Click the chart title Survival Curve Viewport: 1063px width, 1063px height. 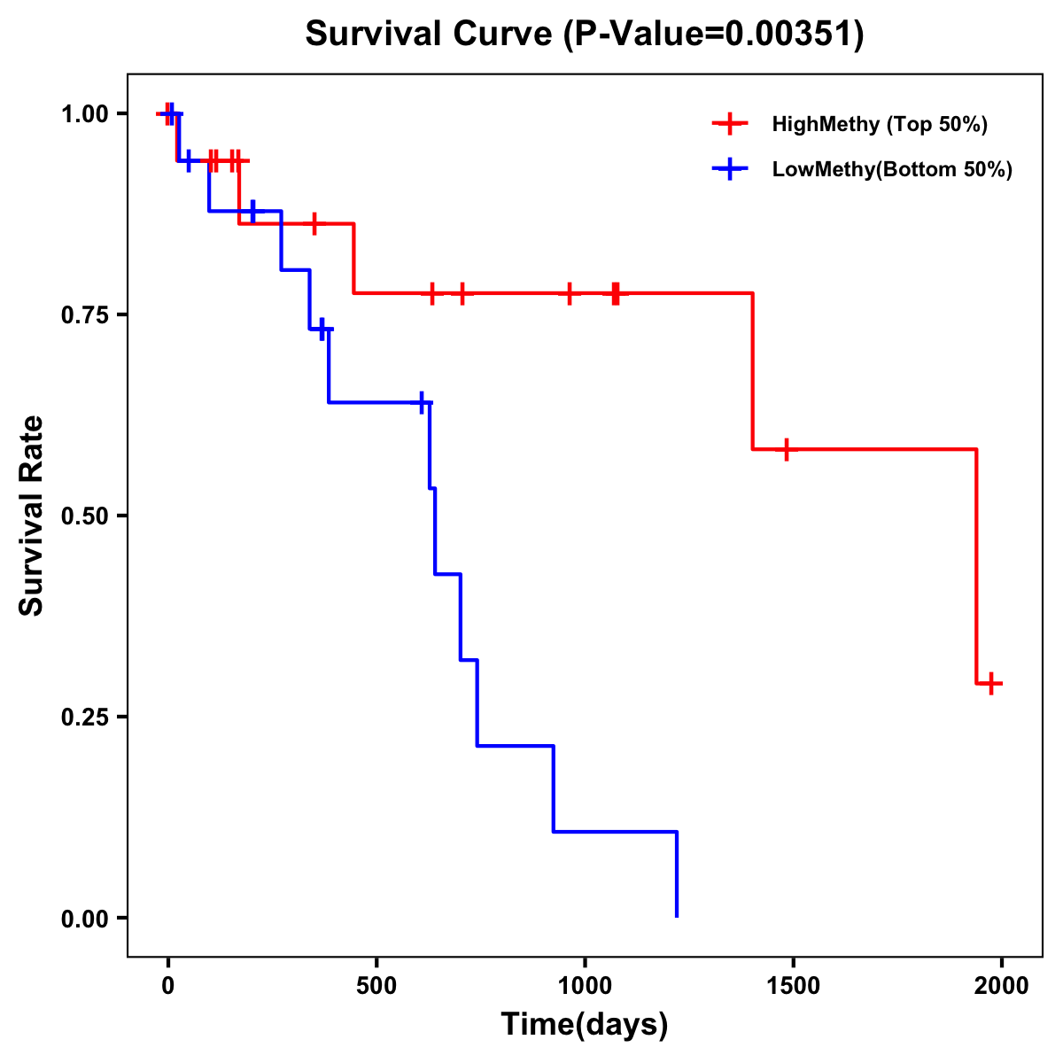(431, 35)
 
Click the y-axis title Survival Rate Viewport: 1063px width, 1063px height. (32, 515)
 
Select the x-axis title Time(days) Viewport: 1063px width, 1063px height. (585, 1024)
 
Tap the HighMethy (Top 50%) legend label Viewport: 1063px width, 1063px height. (880, 124)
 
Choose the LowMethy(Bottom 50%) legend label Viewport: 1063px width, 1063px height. (892, 169)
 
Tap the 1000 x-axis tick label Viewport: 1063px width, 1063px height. (585, 985)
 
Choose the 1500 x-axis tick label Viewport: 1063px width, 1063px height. (793, 985)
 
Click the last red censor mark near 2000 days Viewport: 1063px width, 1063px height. (991, 683)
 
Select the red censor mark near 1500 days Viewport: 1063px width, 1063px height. (785, 449)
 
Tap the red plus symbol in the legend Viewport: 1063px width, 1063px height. (730, 124)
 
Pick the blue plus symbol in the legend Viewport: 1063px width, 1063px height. (730, 169)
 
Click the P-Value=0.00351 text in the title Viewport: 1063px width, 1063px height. (715, 35)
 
